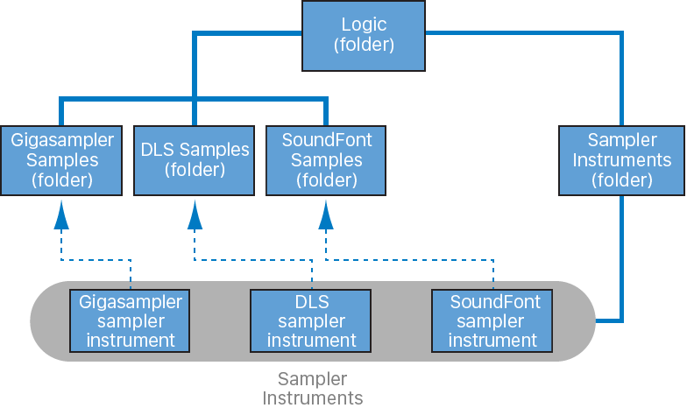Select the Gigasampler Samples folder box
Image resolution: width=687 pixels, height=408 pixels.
[x=61, y=160]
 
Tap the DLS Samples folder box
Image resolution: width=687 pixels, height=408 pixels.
[x=195, y=160]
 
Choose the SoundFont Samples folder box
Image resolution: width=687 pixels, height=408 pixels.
[x=326, y=160]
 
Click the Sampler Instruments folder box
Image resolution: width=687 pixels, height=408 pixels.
[x=621, y=160]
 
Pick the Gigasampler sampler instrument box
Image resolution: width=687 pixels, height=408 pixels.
[x=131, y=321]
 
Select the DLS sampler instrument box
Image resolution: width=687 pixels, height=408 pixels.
[x=312, y=321]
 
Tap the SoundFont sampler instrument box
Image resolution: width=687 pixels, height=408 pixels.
[x=494, y=321]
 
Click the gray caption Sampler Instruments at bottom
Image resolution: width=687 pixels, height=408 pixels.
[x=312, y=388]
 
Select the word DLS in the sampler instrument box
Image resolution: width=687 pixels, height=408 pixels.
[x=312, y=302]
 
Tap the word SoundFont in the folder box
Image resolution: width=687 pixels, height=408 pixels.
[x=326, y=141]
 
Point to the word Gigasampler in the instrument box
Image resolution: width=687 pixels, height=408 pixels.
[x=131, y=302]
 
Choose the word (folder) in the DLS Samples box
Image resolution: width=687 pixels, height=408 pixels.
[x=195, y=169]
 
